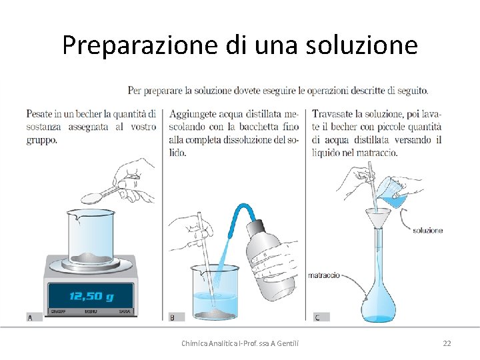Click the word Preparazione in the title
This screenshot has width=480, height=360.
click(140, 45)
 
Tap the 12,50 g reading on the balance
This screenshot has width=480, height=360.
click(91, 296)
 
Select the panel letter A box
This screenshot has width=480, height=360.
click(34, 317)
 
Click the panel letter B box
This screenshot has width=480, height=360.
click(177, 317)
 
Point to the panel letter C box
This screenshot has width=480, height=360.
click(321, 317)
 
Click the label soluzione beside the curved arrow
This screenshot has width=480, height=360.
click(427, 231)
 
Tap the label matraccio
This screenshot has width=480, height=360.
click(323, 275)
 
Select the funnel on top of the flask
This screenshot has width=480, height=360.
click(378, 219)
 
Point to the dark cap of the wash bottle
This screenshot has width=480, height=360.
click(255, 226)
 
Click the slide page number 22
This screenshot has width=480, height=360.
click(447, 343)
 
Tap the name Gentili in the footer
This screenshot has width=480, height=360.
click(288, 343)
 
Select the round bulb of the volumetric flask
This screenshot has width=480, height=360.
click(379, 305)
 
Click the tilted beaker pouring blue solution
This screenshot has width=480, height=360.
click(393, 193)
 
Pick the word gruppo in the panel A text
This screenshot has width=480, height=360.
click(41, 141)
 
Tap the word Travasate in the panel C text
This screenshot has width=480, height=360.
click(332, 114)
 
